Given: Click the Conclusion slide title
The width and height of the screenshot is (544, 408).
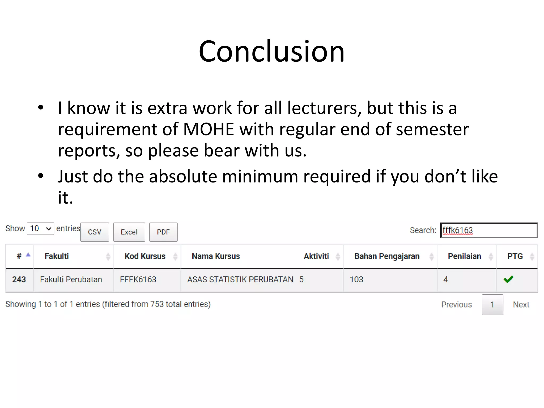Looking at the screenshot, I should (271, 51).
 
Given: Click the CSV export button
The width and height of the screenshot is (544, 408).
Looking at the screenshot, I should (95, 232).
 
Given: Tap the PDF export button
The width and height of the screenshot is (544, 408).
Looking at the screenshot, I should (163, 232).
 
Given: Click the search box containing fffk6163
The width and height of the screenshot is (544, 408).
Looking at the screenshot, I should (489, 230).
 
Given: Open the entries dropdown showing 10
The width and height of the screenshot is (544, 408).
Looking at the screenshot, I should (40, 228).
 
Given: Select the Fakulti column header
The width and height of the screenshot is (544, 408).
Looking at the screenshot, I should (57, 256).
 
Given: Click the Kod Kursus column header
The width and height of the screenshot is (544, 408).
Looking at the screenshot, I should (145, 256).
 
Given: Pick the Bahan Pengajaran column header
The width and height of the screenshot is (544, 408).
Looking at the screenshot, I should (387, 256).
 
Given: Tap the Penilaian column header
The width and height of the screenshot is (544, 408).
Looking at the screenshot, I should (464, 256).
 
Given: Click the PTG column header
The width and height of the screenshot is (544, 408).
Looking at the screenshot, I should (515, 256).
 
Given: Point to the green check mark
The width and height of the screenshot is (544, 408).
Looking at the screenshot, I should (508, 279).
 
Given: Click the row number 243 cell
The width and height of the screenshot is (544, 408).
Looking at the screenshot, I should (19, 279).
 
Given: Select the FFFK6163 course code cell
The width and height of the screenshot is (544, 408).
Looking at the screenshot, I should (138, 279).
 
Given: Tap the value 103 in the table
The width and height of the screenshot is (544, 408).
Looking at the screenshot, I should (356, 279).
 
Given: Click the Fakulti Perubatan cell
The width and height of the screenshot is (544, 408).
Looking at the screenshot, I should (71, 279).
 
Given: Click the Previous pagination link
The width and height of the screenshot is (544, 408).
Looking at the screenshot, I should (456, 304).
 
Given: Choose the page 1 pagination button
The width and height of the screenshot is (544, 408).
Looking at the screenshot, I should (492, 304).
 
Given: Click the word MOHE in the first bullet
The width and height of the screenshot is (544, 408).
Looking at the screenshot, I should (209, 129).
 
